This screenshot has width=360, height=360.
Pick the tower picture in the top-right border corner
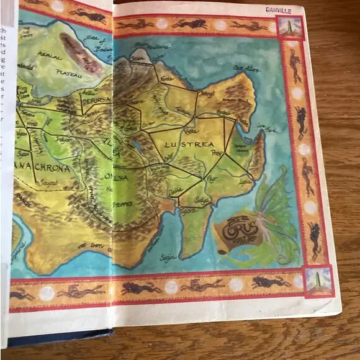click(290, 26)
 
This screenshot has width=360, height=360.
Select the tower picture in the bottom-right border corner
click(318, 280)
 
